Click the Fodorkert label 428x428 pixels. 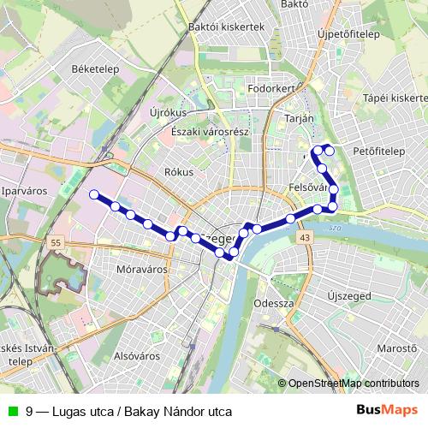point(270,87)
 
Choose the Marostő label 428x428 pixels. point(396,349)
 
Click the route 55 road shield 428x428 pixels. point(56,244)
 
